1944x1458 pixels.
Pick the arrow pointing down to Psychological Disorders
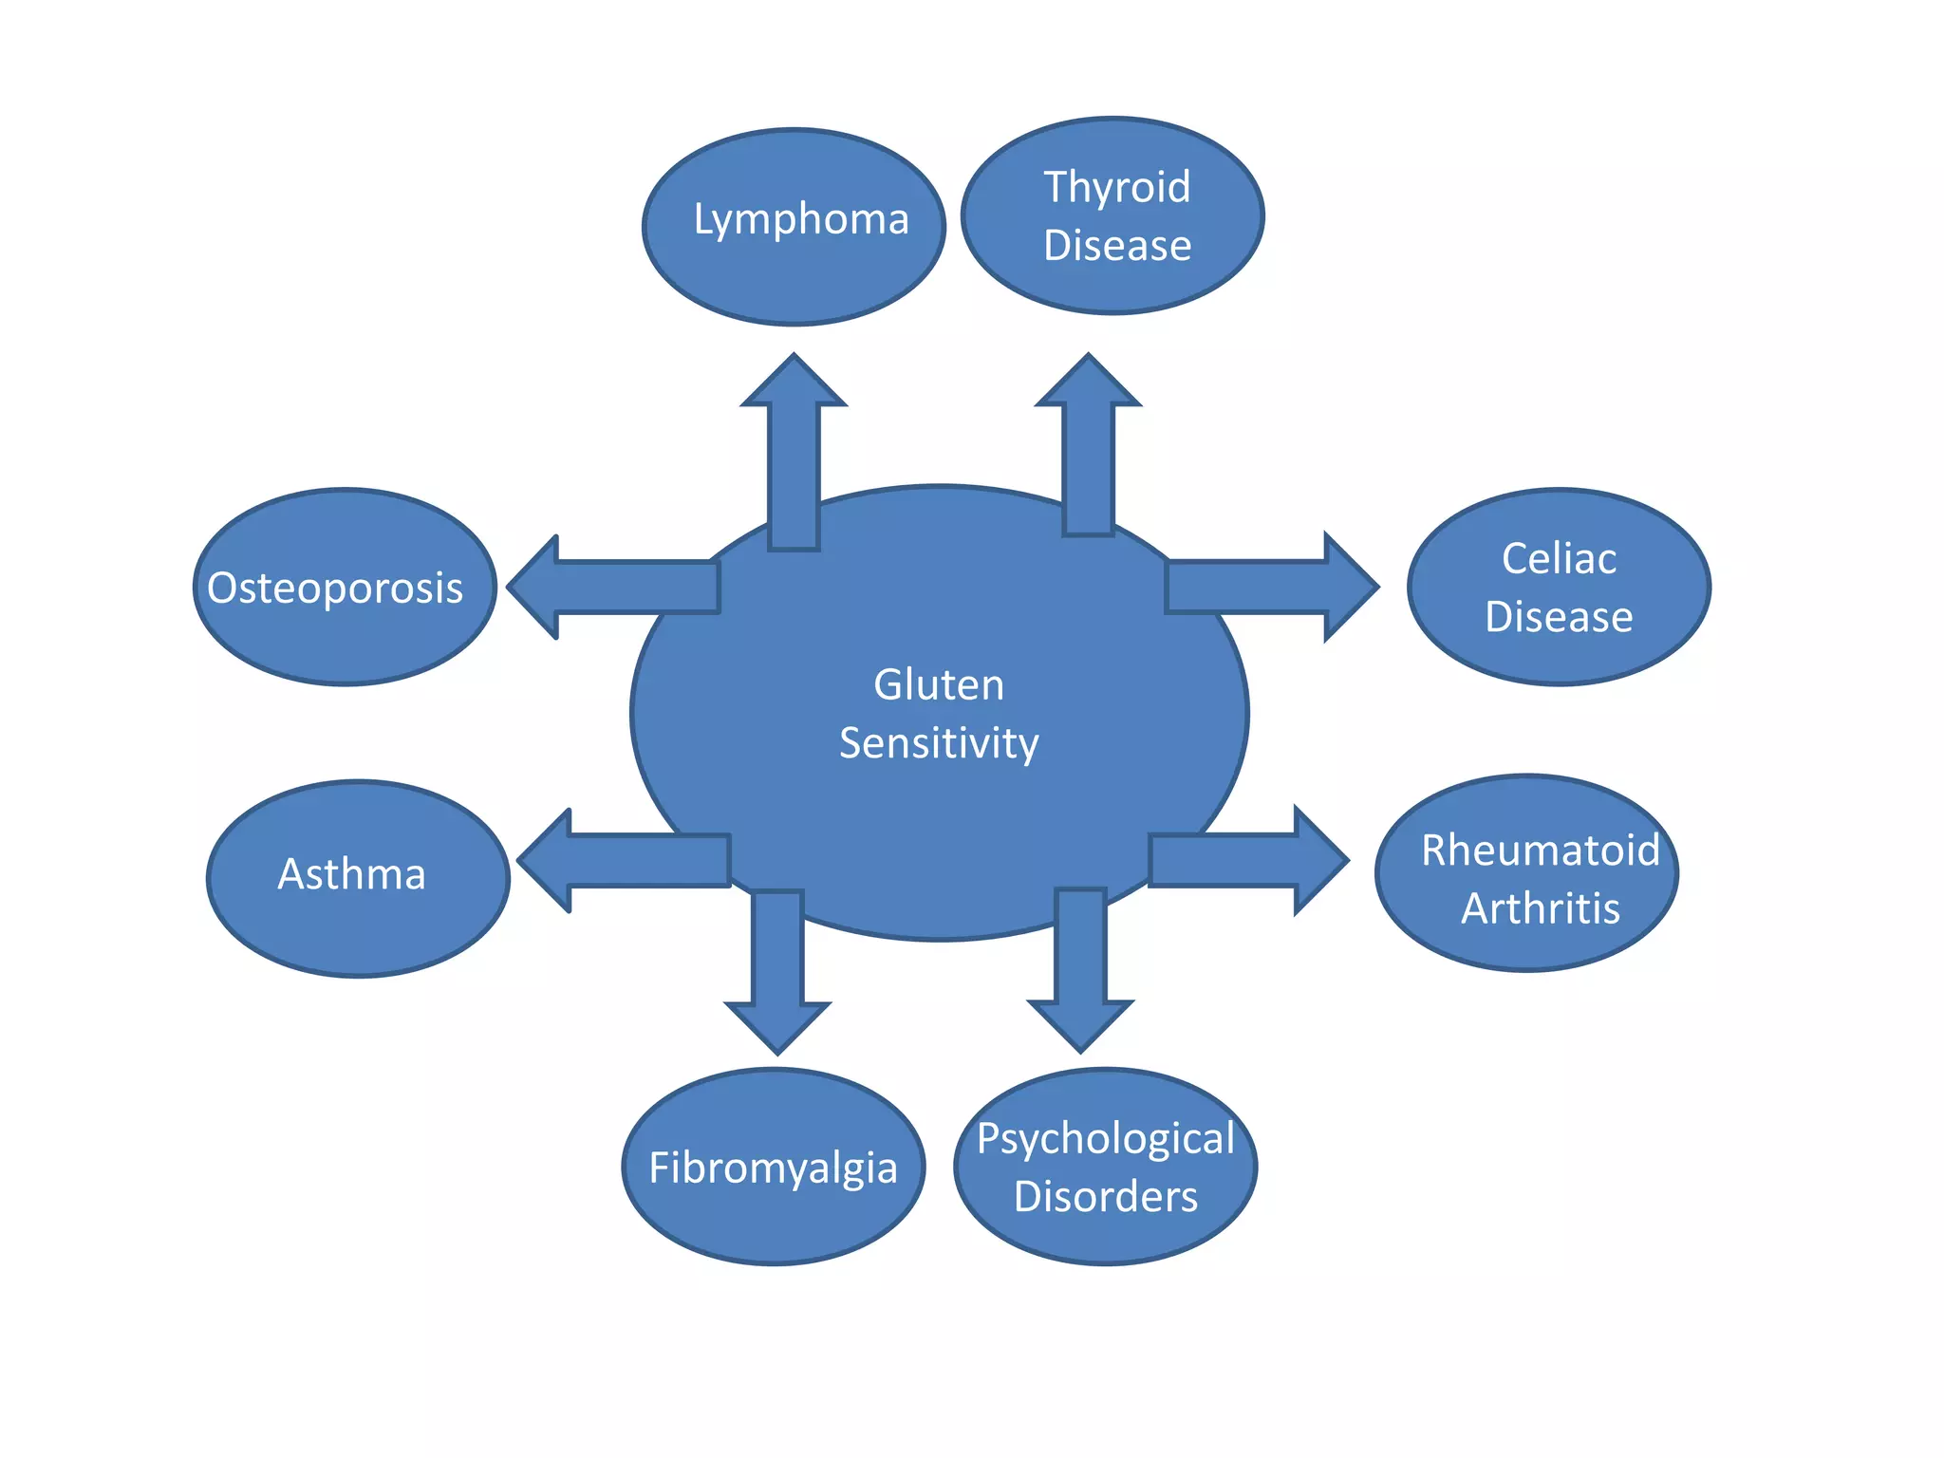click(1080, 968)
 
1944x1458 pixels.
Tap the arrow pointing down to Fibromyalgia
click(777, 968)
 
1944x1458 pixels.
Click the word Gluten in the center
click(938, 684)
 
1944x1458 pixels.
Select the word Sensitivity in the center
click(938, 743)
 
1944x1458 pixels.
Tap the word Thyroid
click(1116, 187)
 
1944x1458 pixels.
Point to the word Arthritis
click(1540, 908)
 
